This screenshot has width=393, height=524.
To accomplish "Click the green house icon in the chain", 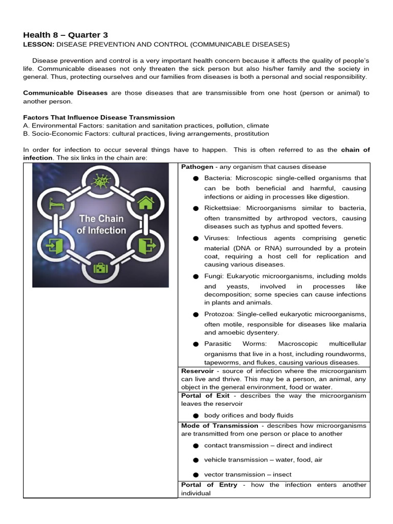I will click(x=145, y=203).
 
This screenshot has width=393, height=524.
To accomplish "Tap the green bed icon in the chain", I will click(x=54, y=203).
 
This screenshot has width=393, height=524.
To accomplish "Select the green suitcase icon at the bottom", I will click(x=100, y=269).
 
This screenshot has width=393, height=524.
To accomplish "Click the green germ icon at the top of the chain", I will click(x=100, y=181).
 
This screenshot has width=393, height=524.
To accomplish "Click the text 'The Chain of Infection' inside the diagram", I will click(x=101, y=225).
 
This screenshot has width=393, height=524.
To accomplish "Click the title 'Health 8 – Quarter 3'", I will click(x=65, y=35).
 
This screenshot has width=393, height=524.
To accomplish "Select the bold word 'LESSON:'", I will click(x=38, y=45).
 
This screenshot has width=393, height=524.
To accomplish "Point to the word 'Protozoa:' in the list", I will click(x=220, y=314).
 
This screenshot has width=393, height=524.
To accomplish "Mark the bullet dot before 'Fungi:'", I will click(x=195, y=276).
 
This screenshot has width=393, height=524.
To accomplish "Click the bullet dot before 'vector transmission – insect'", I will click(x=195, y=475).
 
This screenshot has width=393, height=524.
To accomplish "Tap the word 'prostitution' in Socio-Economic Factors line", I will click(x=251, y=134).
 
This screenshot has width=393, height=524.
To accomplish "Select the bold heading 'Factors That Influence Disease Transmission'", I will click(x=99, y=117).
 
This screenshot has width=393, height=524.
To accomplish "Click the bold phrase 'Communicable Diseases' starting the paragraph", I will click(x=65, y=93).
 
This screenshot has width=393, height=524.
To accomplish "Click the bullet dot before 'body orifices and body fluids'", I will click(x=195, y=416).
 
